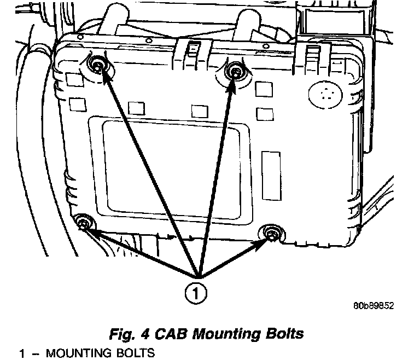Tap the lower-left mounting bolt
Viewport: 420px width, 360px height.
click(84, 223)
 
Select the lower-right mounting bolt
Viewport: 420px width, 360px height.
click(271, 234)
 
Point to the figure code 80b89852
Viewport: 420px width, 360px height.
click(373, 306)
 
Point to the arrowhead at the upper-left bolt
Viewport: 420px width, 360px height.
click(104, 77)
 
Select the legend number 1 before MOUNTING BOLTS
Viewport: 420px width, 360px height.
click(22, 353)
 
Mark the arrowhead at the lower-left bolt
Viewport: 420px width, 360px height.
click(93, 231)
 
